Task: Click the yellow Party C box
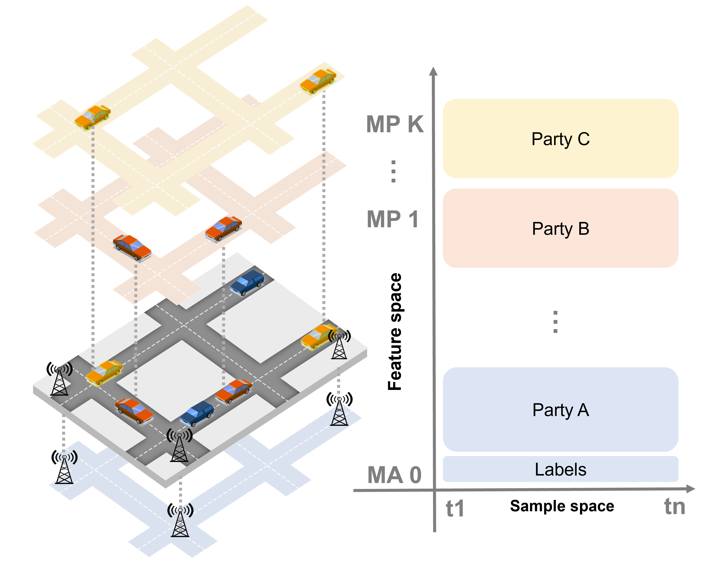(x=561, y=138)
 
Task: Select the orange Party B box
(x=561, y=228)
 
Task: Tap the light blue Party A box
(x=561, y=410)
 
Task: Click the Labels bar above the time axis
(x=561, y=469)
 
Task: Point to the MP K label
(x=395, y=124)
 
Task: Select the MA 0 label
(x=394, y=475)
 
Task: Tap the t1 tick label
(x=455, y=508)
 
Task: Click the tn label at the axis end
(x=674, y=506)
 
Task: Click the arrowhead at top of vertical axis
(x=433, y=71)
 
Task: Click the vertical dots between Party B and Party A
(x=555, y=321)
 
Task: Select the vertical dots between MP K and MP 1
(x=393, y=171)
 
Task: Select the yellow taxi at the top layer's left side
(x=92, y=117)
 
